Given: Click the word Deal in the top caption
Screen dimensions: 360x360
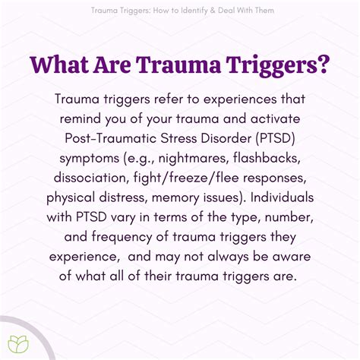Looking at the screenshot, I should coord(232,11).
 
